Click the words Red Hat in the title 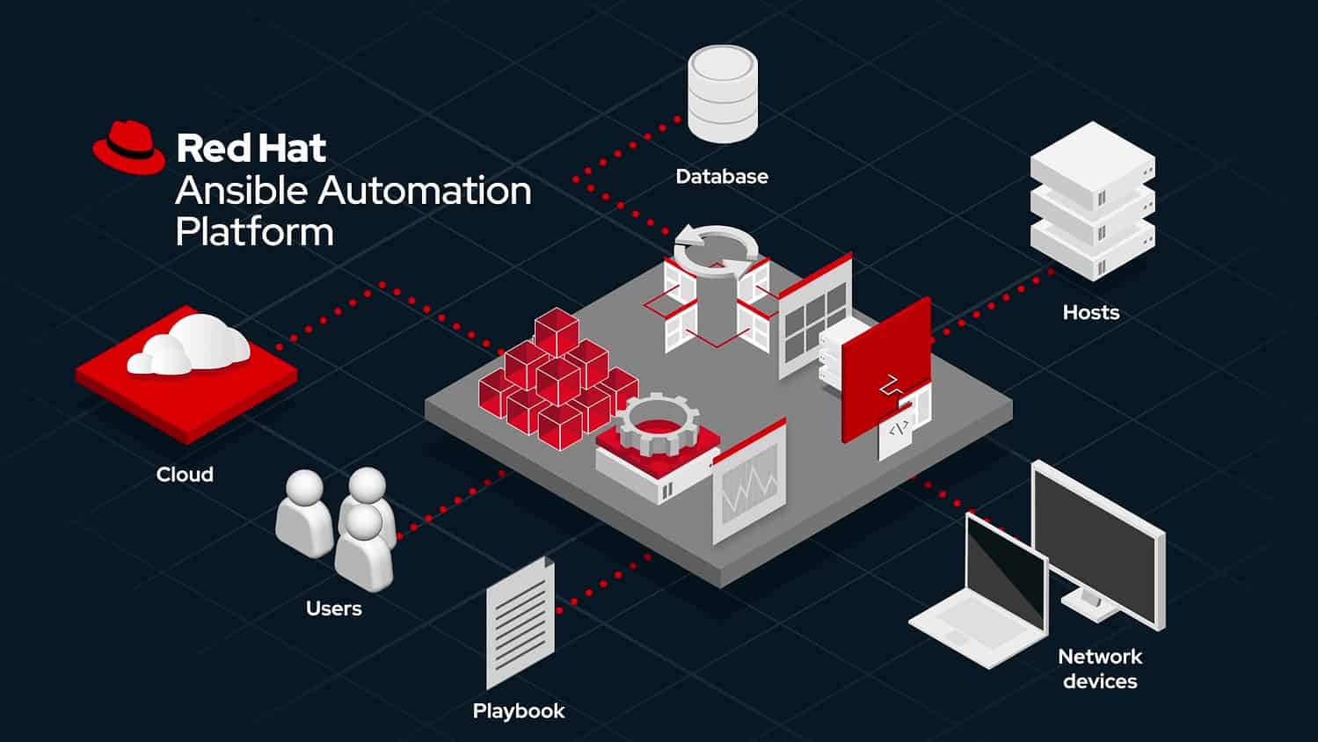tap(251, 148)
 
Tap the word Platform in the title tap(254, 232)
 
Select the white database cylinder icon tap(722, 94)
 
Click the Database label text tap(722, 177)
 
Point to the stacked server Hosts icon tap(1092, 201)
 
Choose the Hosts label tap(1091, 312)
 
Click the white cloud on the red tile tap(189, 345)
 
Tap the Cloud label tap(185, 475)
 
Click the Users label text tap(334, 608)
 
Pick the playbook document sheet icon tap(521, 622)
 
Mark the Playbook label tap(519, 710)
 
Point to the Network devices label tap(1100, 669)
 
